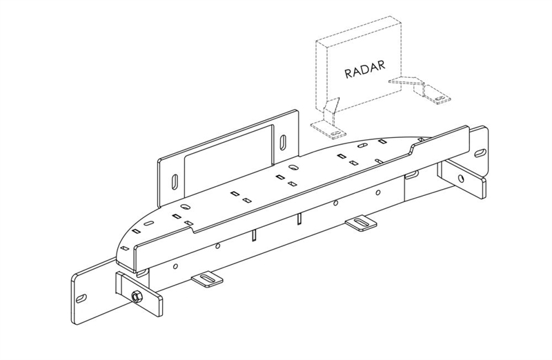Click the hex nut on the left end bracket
[x=136, y=297]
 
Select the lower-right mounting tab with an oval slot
[x=360, y=223]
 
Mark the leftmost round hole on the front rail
[x=175, y=266]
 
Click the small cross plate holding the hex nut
[x=138, y=292]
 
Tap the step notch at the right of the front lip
[x=413, y=147]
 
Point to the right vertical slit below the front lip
[x=299, y=219]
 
